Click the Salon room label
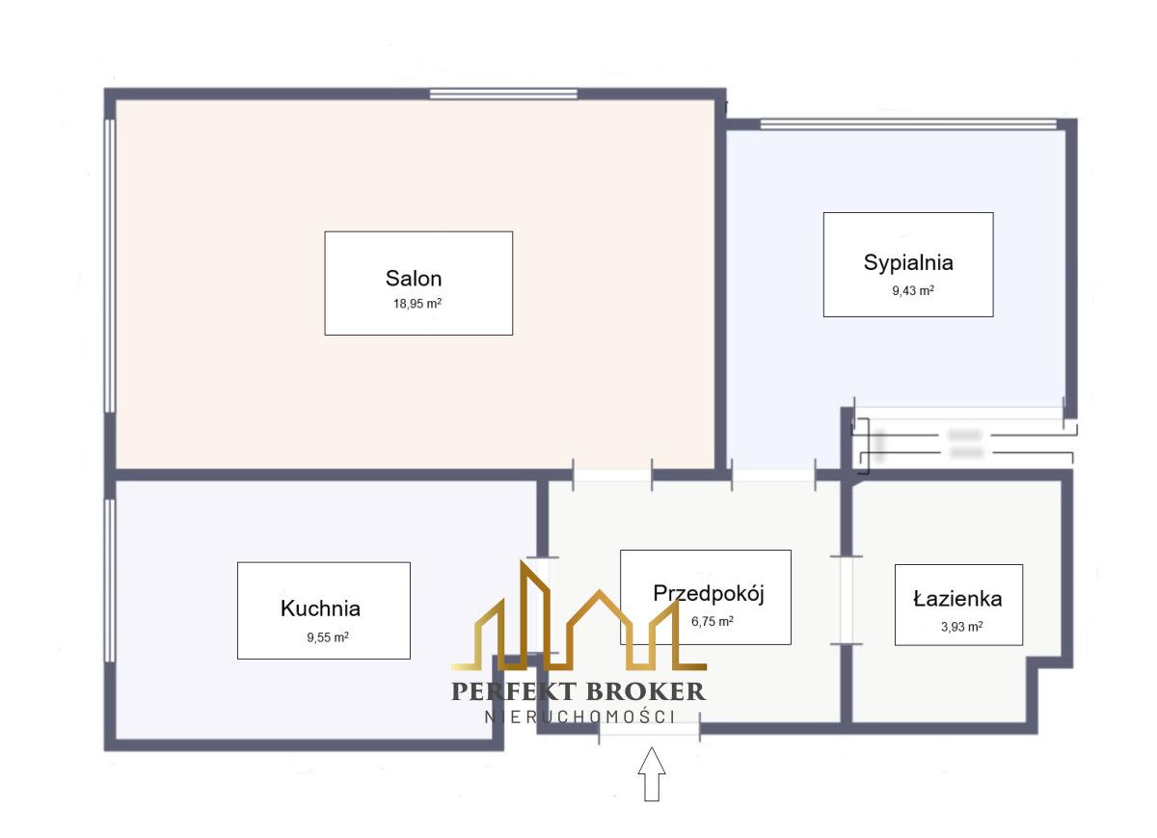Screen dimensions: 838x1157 pyautogui.click(x=414, y=279)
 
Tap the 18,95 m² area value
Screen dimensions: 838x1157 pyautogui.click(x=417, y=303)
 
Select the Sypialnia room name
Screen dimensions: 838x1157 pyautogui.click(x=908, y=262)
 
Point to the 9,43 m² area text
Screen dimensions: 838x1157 pyautogui.click(x=912, y=289)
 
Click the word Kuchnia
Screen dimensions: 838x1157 pyautogui.click(x=320, y=608)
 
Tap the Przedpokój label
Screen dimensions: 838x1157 pyautogui.click(x=709, y=593)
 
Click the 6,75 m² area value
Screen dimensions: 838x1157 pyautogui.click(x=713, y=621)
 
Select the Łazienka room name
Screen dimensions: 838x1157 pyautogui.click(x=957, y=599)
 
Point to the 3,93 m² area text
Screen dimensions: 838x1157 pyautogui.click(x=961, y=626)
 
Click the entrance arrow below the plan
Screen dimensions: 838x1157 pyautogui.click(x=653, y=773)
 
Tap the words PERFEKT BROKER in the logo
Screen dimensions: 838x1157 pyautogui.click(x=578, y=691)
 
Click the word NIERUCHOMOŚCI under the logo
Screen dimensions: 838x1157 pyautogui.click(x=578, y=716)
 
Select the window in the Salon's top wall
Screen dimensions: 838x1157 pyautogui.click(x=503, y=94)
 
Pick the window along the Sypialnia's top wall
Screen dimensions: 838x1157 pyautogui.click(x=908, y=123)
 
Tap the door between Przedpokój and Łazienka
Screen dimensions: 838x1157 pyautogui.click(x=847, y=599)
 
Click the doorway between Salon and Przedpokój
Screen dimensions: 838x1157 pyautogui.click(x=612, y=473)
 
